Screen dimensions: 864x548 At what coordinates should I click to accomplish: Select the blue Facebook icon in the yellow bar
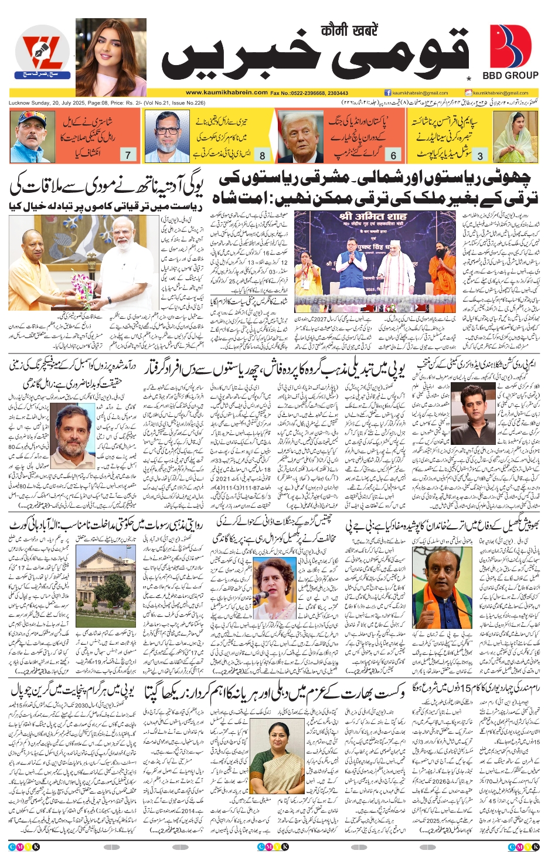[x=388, y=93]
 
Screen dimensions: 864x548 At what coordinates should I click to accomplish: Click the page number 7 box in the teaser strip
[x=128, y=155]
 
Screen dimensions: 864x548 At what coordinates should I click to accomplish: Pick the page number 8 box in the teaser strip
[x=262, y=155]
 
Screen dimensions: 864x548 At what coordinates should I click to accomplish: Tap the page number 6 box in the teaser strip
[x=393, y=155]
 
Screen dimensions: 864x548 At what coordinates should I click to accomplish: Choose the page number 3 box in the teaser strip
[x=481, y=155]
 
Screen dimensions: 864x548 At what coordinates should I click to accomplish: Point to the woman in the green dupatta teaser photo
[x=516, y=137]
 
